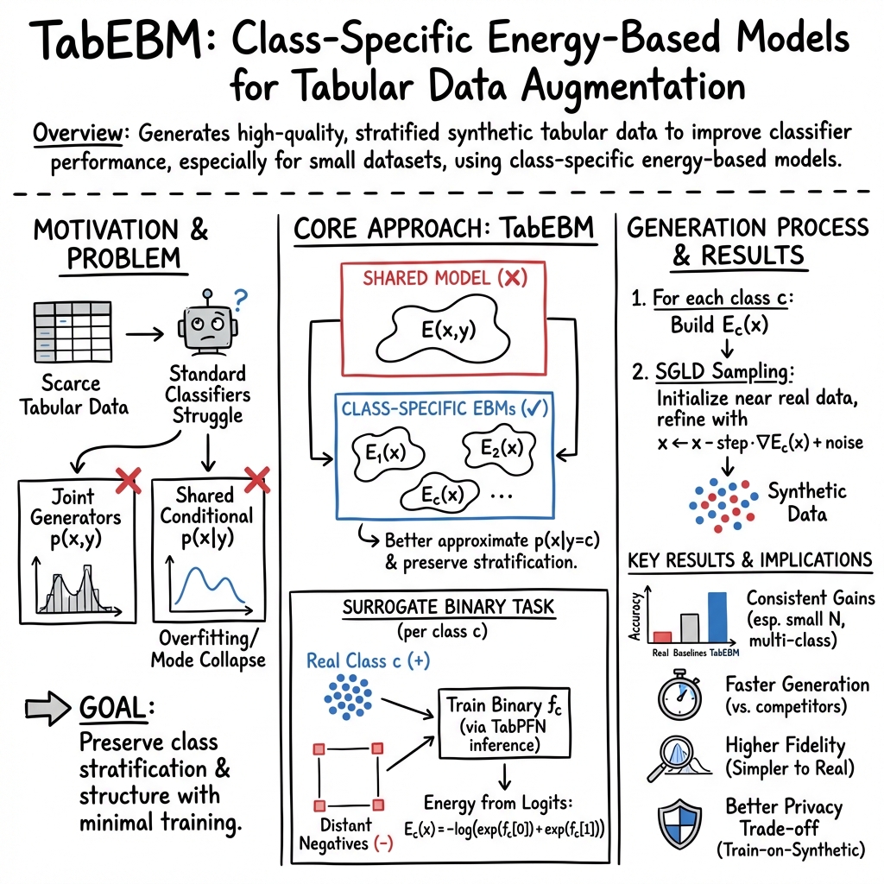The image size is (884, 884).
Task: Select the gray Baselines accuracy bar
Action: pyautogui.click(x=689, y=627)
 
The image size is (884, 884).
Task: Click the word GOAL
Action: pyautogui.click(x=111, y=707)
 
